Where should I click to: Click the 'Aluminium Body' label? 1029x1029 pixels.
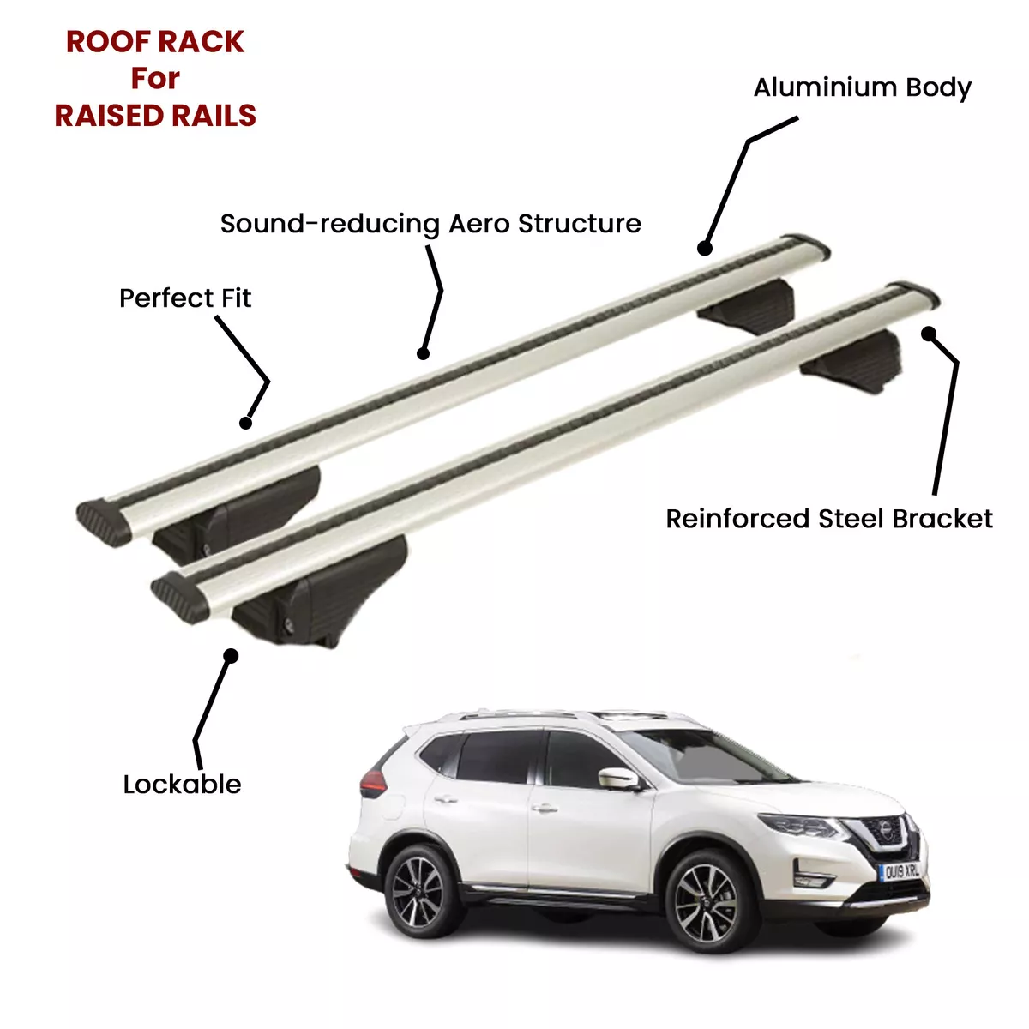862,88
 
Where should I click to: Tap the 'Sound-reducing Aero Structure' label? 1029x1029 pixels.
430,224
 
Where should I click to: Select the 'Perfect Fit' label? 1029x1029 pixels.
184,298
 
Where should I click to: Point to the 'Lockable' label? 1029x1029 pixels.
182,785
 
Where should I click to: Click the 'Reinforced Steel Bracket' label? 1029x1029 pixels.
828,519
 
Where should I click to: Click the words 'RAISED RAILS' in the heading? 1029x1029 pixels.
155,116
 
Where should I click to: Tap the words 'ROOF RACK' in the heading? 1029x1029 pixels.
155,42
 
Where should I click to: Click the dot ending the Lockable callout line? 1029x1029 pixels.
231,656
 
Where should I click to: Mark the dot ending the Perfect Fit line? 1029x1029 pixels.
245,423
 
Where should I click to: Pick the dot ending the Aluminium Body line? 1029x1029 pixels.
705,249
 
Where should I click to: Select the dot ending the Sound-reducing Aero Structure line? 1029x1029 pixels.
423,353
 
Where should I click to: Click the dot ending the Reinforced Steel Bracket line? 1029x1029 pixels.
929,334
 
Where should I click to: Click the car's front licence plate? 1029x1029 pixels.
900,872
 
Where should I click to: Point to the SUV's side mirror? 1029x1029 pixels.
619,778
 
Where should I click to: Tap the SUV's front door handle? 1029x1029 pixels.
545,809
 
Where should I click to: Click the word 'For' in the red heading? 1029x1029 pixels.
155,79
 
